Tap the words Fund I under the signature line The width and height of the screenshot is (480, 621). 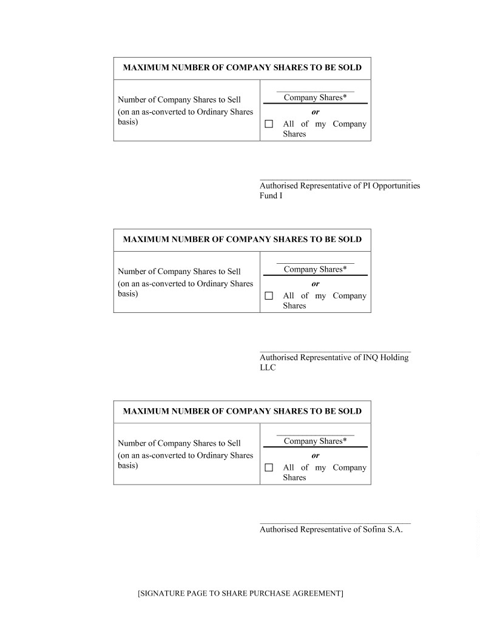[x=271, y=196]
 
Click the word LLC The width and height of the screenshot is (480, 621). [x=268, y=368]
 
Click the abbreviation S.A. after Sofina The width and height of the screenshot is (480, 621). [x=395, y=529]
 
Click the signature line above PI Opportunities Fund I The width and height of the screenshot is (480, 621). [x=335, y=180]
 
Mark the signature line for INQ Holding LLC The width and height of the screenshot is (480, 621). [x=335, y=352]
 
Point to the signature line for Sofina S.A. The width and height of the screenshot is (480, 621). [x=335, y=523]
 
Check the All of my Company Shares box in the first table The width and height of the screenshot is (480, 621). [x=269, y=124]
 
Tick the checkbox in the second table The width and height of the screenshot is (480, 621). [x=269, y=296]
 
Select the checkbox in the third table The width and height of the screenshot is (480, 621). [x=269, y=468]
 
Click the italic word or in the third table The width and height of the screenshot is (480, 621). [x=316, y=455]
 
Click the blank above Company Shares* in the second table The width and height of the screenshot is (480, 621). [x=315, y=262]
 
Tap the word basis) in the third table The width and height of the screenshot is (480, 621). [x=128, y=466]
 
